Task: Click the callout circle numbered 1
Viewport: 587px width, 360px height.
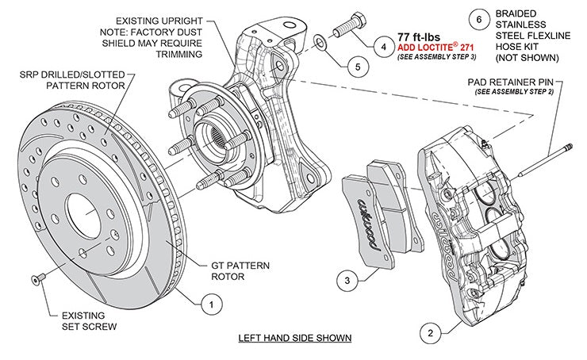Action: (x=210, y=302)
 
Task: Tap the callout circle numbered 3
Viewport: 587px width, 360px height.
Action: (x=346, y=279)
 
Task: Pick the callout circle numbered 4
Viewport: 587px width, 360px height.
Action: (x=383, y=47)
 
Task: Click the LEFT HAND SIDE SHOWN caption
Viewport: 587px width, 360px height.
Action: (x=295, y=338)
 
